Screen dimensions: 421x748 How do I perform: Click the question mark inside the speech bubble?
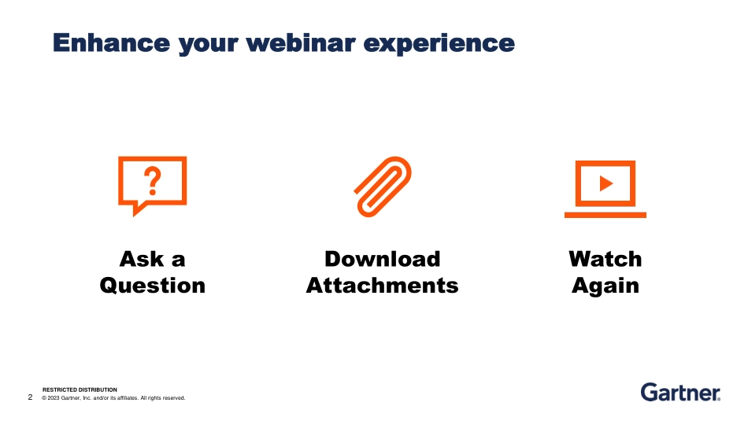click(153, 181)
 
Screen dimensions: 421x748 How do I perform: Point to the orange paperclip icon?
click(383, 186)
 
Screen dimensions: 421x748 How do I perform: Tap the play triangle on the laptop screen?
click(605, 183)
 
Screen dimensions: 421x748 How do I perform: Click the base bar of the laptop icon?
click(605, 214)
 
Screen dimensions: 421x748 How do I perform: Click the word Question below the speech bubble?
click(153, 285)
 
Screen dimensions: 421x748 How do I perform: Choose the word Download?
click(383, 259)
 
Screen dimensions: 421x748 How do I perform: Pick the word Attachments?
click(383, 285)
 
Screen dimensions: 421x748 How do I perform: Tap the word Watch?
click(605, 259)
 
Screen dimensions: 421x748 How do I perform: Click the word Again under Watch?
click(605, 286)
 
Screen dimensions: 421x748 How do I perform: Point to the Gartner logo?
click(680, 392)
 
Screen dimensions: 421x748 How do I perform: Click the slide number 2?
click(31, 397)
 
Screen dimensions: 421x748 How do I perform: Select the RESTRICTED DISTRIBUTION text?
click(80, 390)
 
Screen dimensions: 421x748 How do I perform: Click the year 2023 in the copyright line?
click(54, 398)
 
